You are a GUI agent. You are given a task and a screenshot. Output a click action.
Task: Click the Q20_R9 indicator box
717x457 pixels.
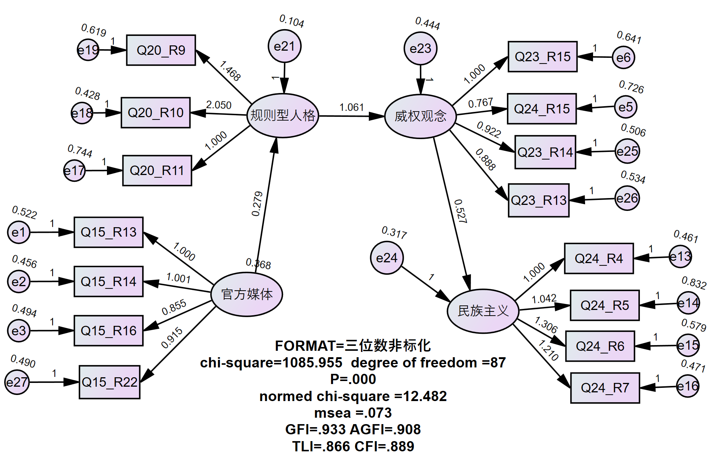click(x=161, y=50)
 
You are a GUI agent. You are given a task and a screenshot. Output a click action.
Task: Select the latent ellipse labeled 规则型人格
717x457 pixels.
click(x=283, y=115)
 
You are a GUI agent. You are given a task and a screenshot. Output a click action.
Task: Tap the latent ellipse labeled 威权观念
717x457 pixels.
click(x=420, y=116)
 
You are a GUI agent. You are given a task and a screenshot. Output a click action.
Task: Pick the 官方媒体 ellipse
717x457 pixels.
click(x=247, y=294)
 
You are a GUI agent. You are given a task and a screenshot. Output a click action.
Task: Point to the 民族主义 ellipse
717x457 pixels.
click(x=483, y=311)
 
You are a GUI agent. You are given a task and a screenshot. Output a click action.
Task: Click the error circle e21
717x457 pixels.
click(x=285, y=46)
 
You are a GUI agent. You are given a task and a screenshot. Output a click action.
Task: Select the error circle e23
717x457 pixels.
click(x=420, y=48)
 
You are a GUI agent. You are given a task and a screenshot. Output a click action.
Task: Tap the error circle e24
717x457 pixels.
click(x=387, y=258)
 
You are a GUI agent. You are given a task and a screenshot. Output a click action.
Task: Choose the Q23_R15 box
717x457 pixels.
click(x=542, y=57)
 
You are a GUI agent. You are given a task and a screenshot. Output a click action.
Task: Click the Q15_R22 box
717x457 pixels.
click(x=110, y=382)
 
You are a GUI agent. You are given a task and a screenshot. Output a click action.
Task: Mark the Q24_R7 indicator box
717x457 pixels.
click(x=605, y=388)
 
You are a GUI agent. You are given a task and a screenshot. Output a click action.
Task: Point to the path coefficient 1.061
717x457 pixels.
click(x=352, y=108)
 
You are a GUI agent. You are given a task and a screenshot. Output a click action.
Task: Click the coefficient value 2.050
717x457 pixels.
click(x=218, y=105)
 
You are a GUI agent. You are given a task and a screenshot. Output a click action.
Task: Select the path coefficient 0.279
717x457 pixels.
click(x=257, y=204)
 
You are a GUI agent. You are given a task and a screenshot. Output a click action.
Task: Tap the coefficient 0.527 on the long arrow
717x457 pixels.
click(x=460, y=211)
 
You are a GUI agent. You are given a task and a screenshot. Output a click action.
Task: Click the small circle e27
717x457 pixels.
click(x=17, y=383)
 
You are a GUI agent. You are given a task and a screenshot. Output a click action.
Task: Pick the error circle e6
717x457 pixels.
click(x=623, y=57)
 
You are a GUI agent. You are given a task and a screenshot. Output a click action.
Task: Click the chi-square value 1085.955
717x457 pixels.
click(x=312, y=363)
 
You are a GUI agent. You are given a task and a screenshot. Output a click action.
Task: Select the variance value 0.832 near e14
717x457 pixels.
click(x=694, y=283)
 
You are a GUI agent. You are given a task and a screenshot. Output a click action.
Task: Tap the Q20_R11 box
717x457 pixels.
click(x=157, y=170)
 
